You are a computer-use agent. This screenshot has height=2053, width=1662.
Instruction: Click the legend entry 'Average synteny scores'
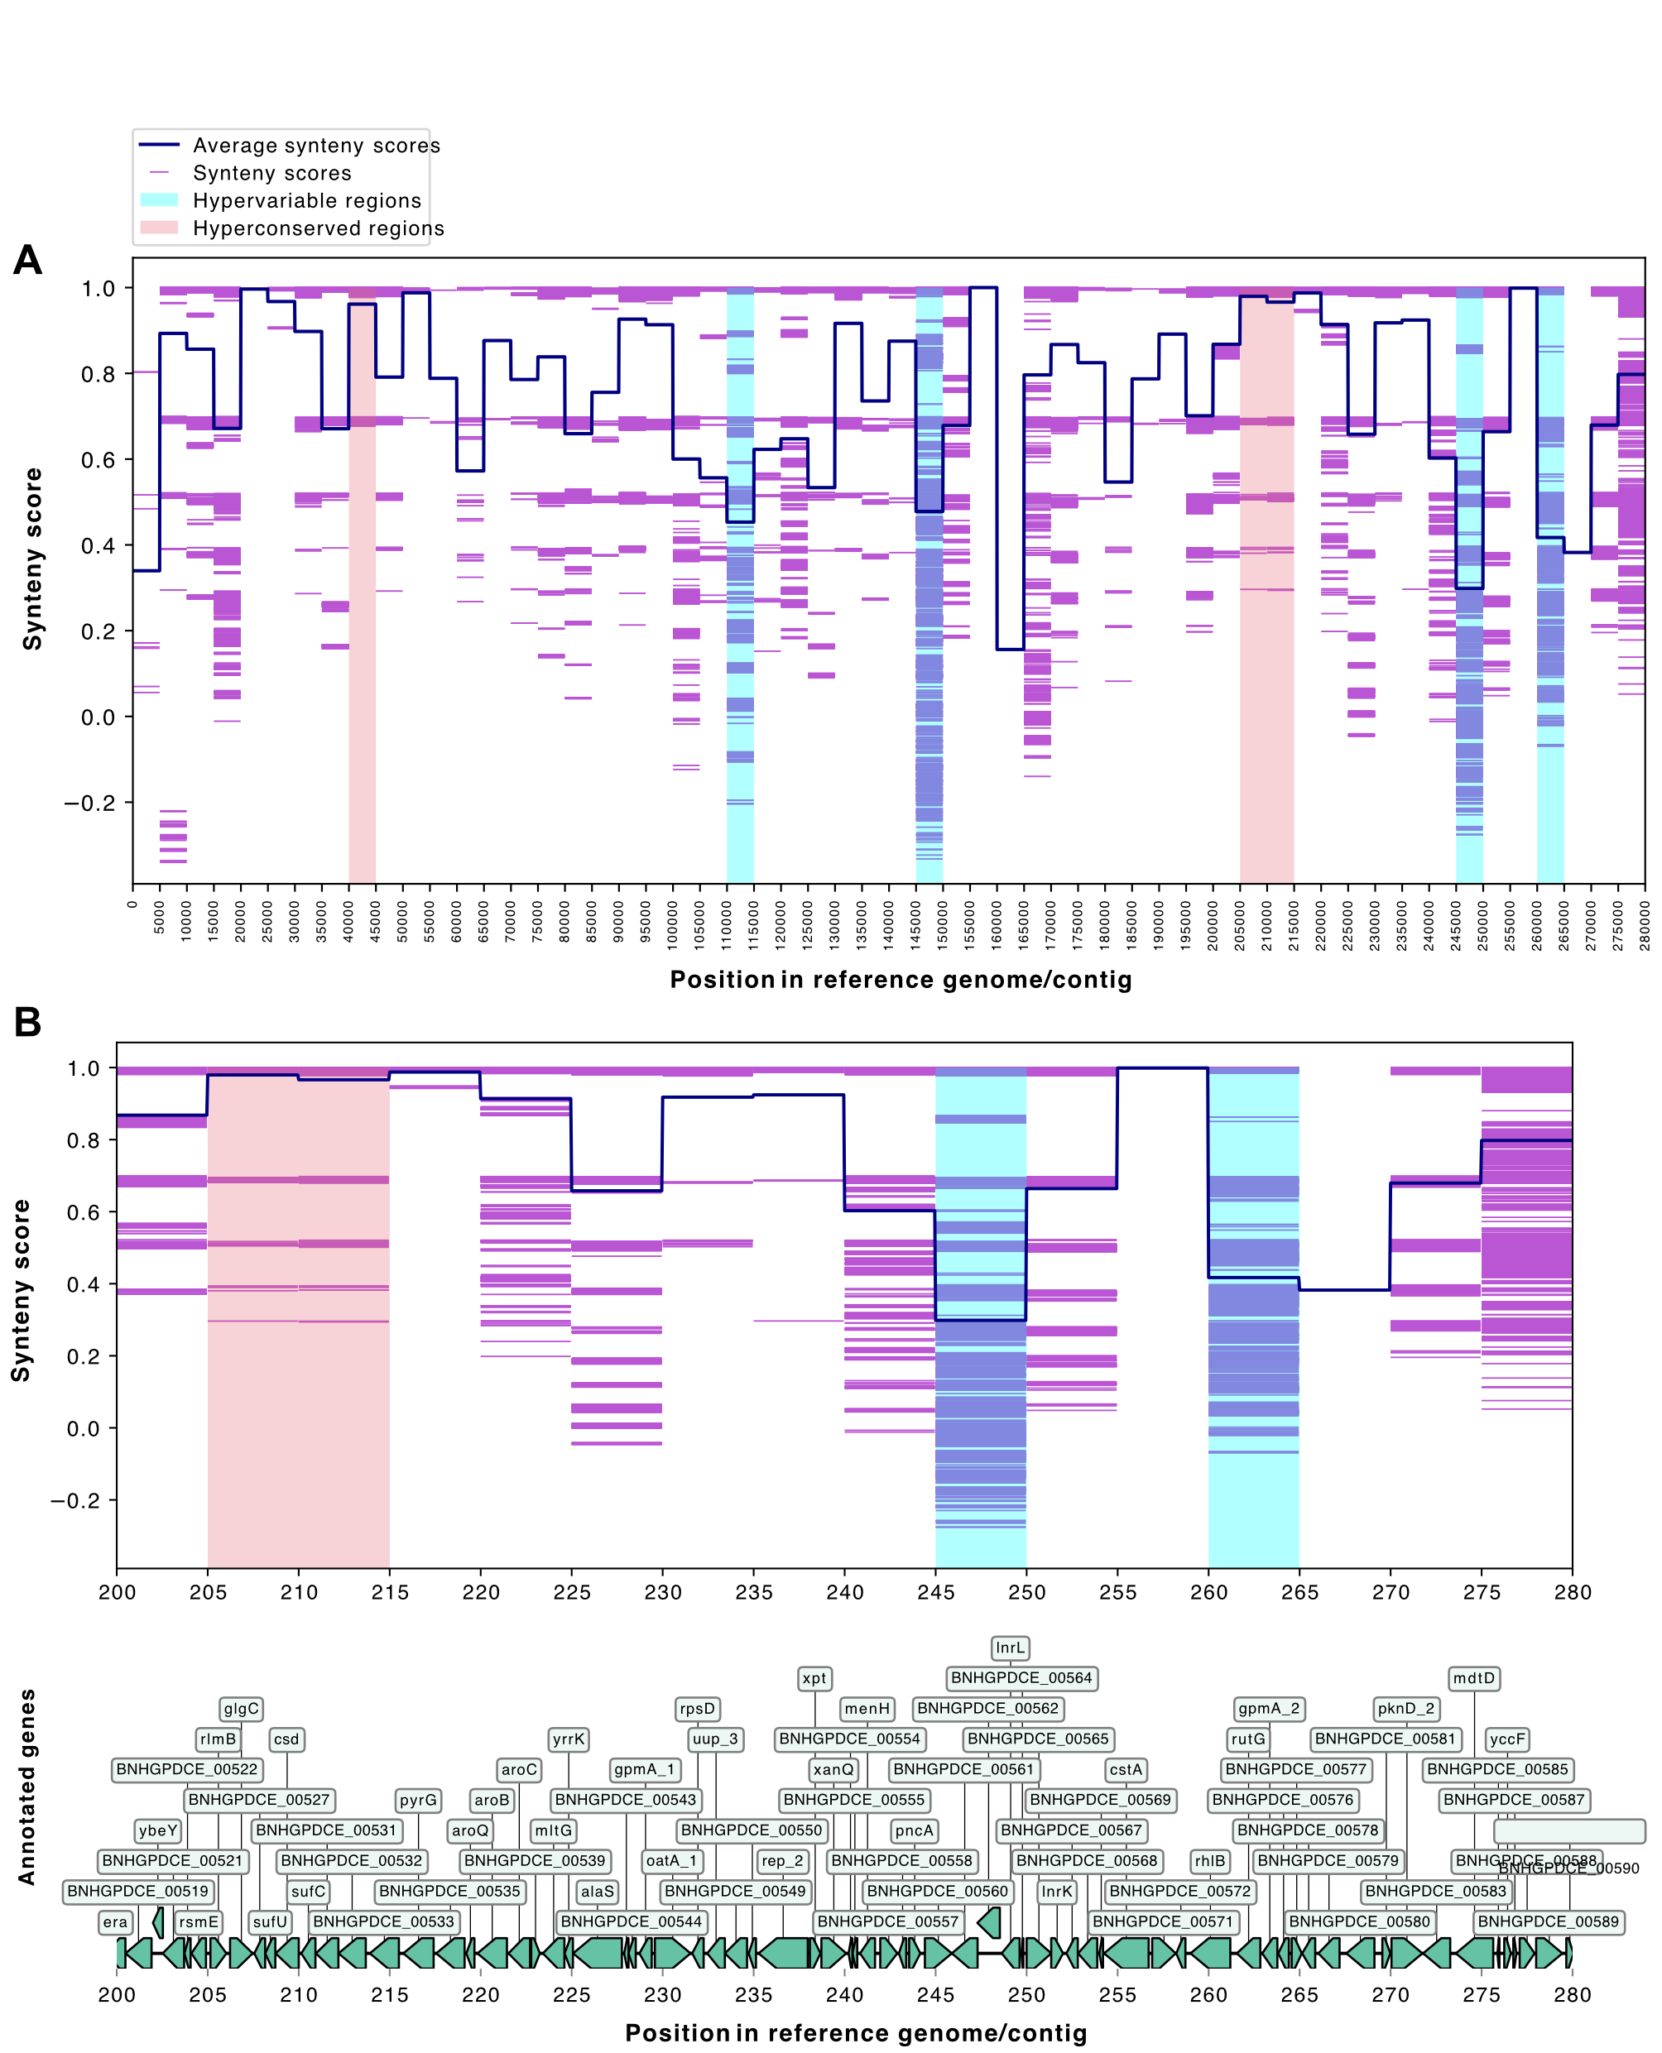(x=316, y=146)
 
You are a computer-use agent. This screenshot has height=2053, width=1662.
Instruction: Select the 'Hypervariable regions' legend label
(x=306, y=201)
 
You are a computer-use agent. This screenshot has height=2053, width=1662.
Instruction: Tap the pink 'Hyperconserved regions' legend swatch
(x=159, y=228)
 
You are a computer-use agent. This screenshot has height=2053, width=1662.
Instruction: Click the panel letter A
(x=28, y=261)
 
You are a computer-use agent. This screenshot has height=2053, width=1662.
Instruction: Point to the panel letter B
(x=28, y=1022)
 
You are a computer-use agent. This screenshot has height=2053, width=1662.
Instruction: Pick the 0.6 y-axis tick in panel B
(x=84, y=1212)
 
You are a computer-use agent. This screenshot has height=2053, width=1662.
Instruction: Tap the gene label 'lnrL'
(x=1010, y=1648)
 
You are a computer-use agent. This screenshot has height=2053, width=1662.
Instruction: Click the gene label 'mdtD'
(x=1473, y=1678)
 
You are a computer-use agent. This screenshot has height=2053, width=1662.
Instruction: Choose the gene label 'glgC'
(x=240, y=1709)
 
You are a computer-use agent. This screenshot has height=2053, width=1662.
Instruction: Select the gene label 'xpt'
(x=814, y=1678)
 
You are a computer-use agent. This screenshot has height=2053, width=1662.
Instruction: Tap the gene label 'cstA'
(x=1126, y=1770)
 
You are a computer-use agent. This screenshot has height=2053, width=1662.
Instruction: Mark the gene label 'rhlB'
(x=1209, y=1861)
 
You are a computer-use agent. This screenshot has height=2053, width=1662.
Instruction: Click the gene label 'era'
(x=115, y=1922)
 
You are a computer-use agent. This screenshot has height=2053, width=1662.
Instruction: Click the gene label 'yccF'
(x=1507, y=1739)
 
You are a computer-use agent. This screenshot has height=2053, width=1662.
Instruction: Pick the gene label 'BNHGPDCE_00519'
(x=138, y=1892)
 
